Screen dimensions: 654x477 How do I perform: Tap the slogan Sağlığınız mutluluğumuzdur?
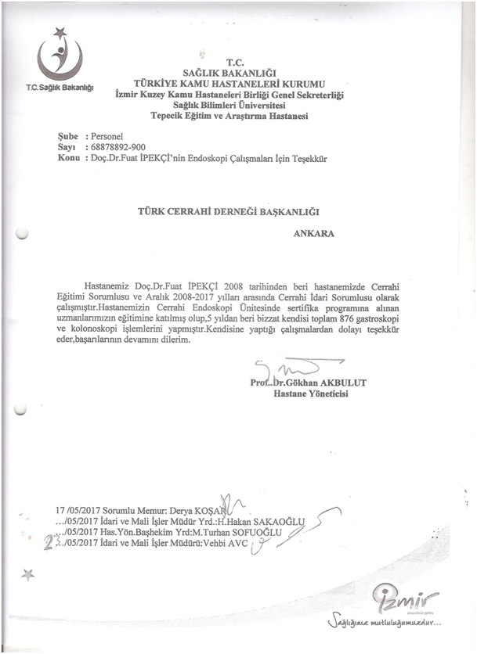click(x=384, y=624)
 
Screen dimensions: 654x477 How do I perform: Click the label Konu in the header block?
click(x=70, y=158)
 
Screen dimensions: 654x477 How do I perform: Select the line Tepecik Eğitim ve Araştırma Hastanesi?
click(x=230, y=116)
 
